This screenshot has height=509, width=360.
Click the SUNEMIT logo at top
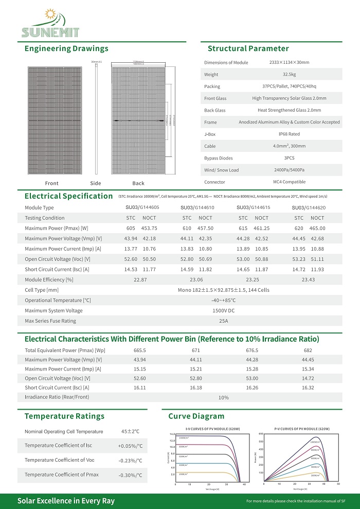tap(50, 25)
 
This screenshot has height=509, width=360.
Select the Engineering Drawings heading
tap(66, 49)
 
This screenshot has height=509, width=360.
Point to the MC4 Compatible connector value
tap(289, 182)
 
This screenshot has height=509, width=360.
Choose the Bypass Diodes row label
tap(218, 159)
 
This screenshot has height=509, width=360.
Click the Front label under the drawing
tap(52, 183)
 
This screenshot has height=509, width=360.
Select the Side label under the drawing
tap(96, 183)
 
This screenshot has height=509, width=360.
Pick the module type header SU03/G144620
tap(309, 207)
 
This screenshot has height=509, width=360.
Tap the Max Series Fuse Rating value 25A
tap(223, 321)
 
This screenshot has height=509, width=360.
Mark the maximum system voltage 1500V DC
tap(223, 310)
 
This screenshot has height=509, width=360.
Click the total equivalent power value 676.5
tap(252, 350)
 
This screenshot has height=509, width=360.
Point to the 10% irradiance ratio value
tap(223, 397)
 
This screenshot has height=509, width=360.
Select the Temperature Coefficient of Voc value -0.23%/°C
tap(130, 461)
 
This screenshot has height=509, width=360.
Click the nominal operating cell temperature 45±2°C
tap(130, 431)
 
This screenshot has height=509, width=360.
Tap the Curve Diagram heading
tap(196, 416)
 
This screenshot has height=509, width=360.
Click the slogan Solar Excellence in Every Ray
tap(66, 501)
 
